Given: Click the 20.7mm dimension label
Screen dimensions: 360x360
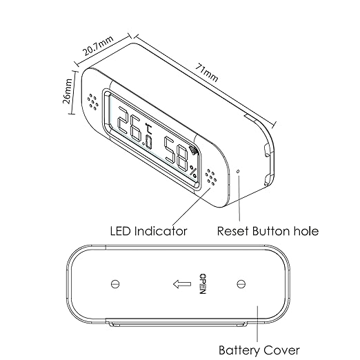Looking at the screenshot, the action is pos(99,46).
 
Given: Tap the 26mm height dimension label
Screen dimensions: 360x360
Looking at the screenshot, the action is pos(67,91).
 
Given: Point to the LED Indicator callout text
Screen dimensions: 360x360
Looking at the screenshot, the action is pos(148,231).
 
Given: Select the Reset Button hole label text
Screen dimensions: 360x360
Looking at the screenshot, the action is pos(268,231).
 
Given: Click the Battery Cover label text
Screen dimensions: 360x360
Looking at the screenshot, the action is pos(259,350).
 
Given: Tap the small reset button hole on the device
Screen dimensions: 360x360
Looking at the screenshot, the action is pos(239,171).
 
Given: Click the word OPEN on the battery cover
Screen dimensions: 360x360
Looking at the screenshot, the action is pos(202,283).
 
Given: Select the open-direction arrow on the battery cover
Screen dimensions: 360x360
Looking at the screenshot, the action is pos(182,284).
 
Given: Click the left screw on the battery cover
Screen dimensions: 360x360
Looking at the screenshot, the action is pos(115,284).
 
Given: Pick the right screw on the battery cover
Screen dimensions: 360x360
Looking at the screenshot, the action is pos(241,284).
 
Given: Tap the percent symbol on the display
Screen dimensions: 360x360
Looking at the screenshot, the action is pos(193,171).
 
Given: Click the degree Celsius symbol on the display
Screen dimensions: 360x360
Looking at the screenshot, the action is pos(148,129).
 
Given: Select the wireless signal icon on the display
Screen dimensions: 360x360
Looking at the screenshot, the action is pos(192,150).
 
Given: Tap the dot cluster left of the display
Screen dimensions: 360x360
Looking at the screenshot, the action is pos(93,101).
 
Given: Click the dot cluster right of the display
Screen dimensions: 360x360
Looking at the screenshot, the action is pos(211,177).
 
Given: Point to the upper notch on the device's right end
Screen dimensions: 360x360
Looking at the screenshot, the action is pos(267,150).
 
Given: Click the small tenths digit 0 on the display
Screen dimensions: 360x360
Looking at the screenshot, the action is pos(148,143).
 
